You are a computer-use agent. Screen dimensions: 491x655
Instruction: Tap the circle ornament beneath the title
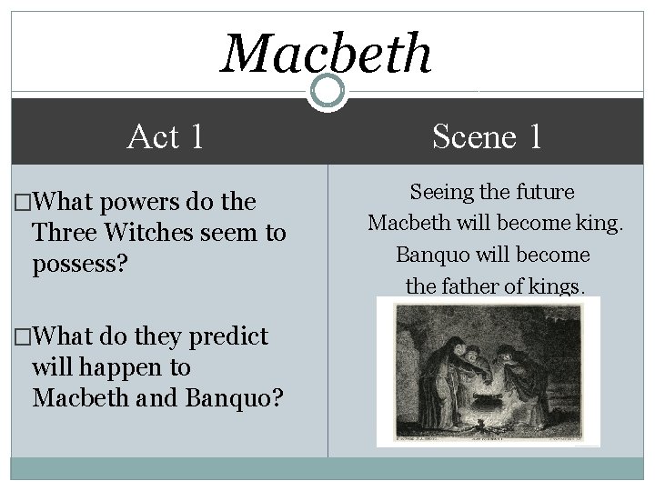pyautogui.click(x=327, y=90)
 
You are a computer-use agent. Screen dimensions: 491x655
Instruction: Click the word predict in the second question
pyautogui.click(x=227, y=336)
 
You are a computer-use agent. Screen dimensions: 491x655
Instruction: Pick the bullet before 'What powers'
pyautogui.click(x=19, y=202)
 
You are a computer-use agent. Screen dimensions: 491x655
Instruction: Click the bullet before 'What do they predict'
pyautogui.click(x=19, y=337)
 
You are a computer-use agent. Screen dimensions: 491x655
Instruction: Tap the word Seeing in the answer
pyautogui.click(x=440, y=192)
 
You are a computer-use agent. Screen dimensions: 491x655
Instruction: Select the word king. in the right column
pyautogui.click(x=600, y=223)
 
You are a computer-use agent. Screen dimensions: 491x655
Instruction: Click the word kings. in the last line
pyautogui.click(x=557, y=286)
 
